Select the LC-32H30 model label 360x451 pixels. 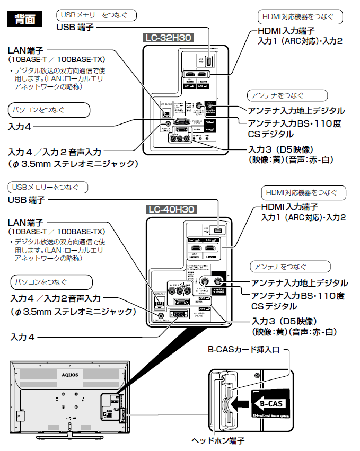click(x=168, y=38)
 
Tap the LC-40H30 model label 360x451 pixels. click(x=171, y=209)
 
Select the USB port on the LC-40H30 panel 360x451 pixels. click(x=218, y=231)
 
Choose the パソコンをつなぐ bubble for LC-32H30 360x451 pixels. click(x=48, y=110)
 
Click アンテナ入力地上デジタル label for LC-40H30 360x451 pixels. click(x=300, y=283)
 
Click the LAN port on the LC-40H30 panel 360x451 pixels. click(x=157, y=303)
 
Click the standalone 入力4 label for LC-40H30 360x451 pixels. click(x=25, y=337)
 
